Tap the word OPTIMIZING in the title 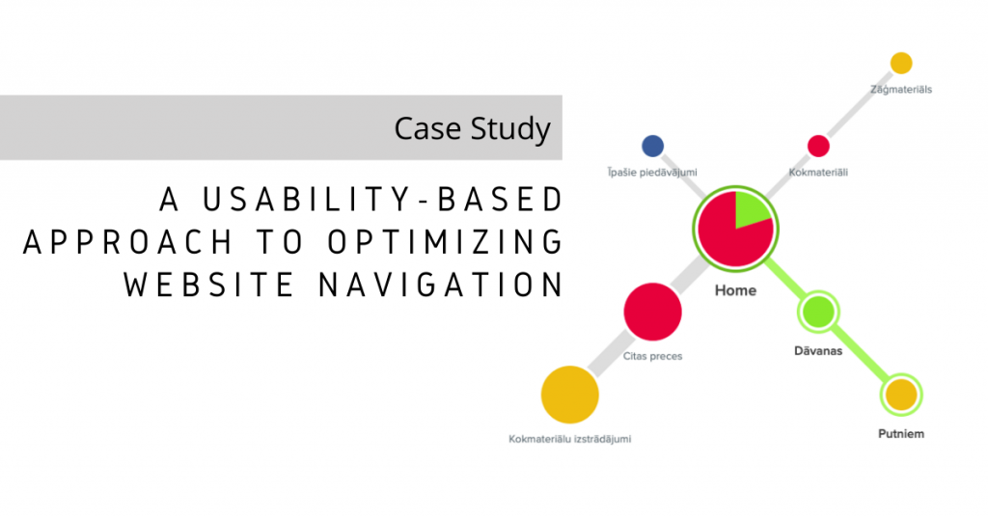click(x=454, y=241)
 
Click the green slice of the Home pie click(x=749, y=209)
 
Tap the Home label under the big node click(x=735, y=290)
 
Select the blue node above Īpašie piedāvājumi click(x=652, y=146)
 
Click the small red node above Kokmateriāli click(x=818, y=146)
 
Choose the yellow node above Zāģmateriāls click(x=900, y=64)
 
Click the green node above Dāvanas click(x=817, y=312)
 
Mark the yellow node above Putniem click(x=900, y=395)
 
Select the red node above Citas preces click(x=652, y=312)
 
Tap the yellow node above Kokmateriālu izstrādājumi click(x=569, y=395)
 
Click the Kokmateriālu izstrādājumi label click(x=569, y=440)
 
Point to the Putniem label click(x=900, y=434)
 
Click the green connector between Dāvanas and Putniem click(x=859, y=353)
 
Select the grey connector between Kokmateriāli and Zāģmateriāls click(x=860, y=104)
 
